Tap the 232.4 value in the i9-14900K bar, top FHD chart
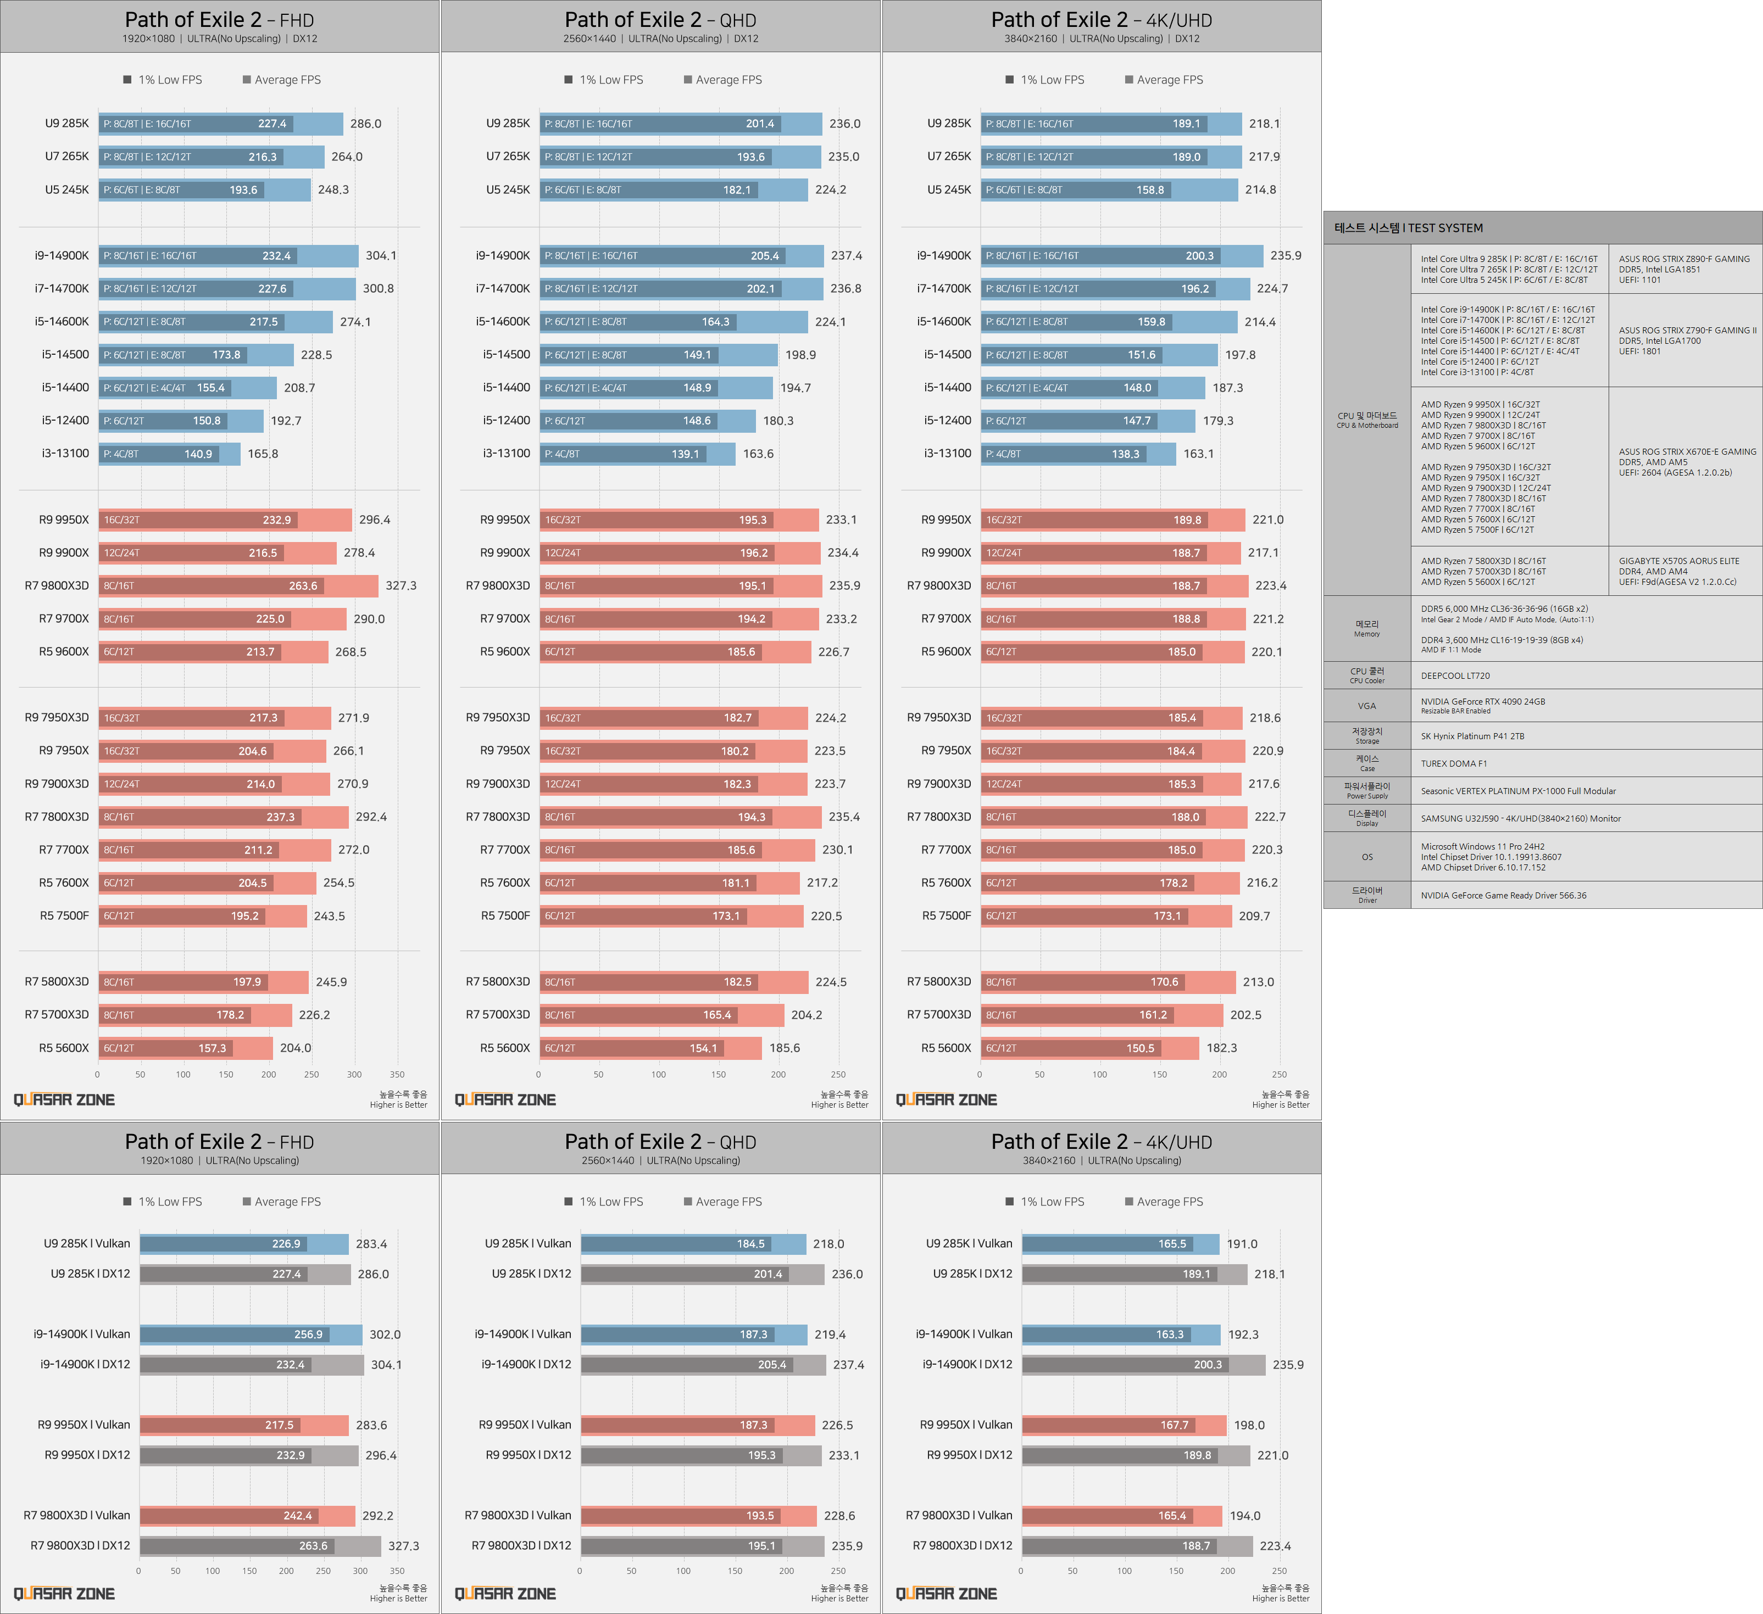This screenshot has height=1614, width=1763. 276,256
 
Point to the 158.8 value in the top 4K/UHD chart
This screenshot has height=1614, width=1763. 1150,189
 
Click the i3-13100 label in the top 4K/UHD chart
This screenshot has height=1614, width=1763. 947,453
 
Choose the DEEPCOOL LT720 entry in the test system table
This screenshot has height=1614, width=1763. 1455,676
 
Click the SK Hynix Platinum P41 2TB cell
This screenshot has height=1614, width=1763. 1472,736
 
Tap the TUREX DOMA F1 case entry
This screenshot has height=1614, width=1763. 1454,763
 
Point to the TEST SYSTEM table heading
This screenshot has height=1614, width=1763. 1408,228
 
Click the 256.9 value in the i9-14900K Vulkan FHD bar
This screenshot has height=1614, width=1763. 308,1334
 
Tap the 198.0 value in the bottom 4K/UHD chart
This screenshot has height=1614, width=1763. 1249,1425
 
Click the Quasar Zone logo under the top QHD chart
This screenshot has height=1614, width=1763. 505,1100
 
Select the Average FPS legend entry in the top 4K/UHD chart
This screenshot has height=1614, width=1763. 1169,80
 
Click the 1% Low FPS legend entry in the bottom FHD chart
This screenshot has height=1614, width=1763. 170,1202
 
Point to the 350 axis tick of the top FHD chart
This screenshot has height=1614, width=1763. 397,1075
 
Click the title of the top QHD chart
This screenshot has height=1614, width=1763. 660,20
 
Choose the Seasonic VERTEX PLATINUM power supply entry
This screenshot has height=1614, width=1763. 1517,791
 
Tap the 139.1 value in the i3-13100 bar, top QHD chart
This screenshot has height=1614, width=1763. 685,454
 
